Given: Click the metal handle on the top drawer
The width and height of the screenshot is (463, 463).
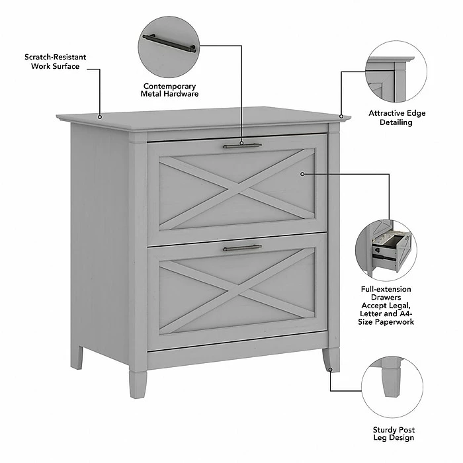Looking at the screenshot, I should tap(242, 146).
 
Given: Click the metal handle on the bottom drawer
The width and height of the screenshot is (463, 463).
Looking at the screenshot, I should tap(242, 248).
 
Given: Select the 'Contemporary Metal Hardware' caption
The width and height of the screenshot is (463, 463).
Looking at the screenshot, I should tap(169, 90).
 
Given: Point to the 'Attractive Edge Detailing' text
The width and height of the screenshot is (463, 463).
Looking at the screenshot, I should tap(397, 118).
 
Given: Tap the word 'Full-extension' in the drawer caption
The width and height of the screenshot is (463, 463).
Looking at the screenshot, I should tap(395, 289).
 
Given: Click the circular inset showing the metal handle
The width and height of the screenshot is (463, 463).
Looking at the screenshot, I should tap(169, 47).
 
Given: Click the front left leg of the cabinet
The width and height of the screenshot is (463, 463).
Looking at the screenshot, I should tap(138, 383).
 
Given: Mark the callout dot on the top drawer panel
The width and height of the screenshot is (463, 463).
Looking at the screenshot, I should tap(302, 174).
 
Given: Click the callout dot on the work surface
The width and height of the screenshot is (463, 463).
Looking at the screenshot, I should tap(101, 117).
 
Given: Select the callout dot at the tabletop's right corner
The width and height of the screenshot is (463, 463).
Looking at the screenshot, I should tap(341, 116).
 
